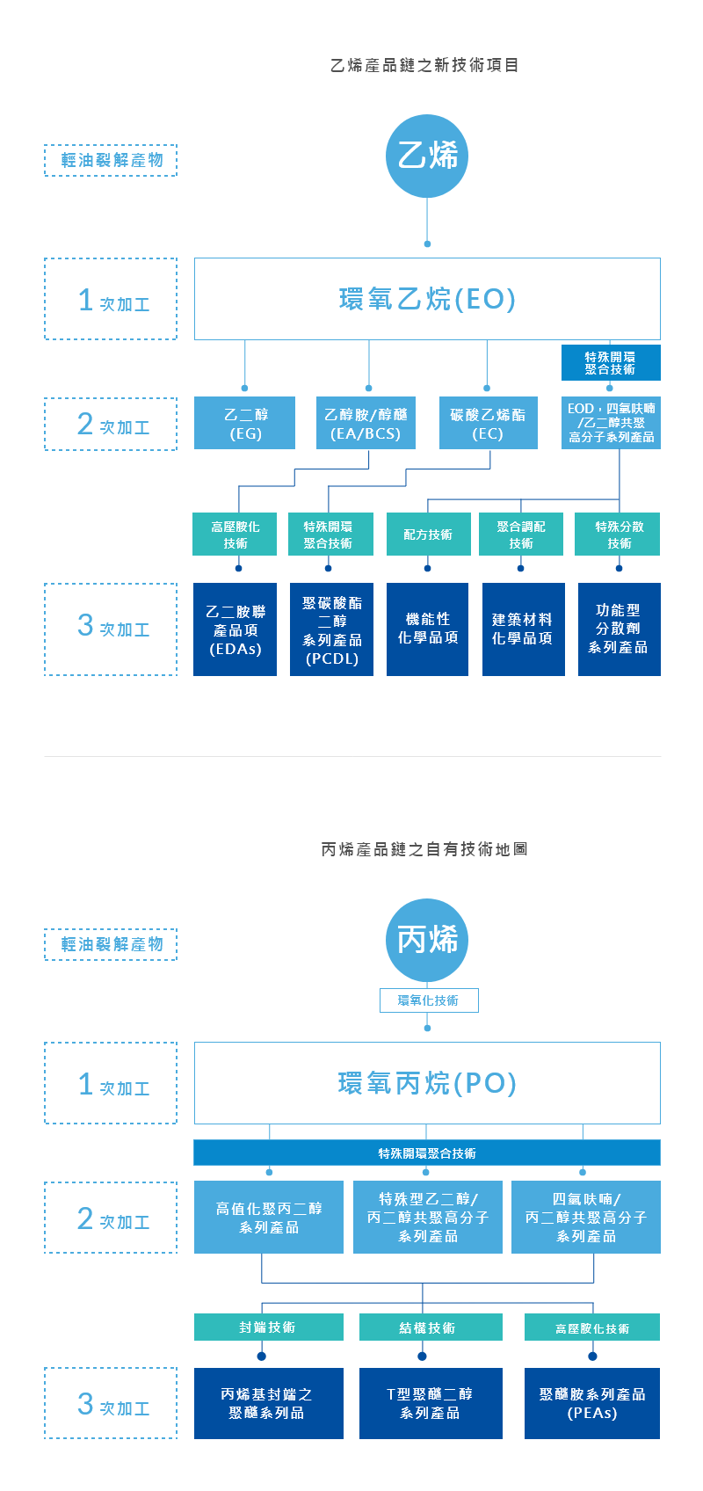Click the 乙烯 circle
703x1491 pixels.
pos(427,156)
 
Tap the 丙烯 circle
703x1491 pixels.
pos(427,940)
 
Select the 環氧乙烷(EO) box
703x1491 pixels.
pos(427,299)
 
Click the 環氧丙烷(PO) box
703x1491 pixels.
pos(427,1083)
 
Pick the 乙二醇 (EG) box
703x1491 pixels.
pos(244,423)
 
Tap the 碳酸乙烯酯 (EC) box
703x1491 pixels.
pos(488,423)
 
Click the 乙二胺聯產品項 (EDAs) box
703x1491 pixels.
pos(236,629)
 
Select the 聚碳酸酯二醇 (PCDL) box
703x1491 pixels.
pos(331,629)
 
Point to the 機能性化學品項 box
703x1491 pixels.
pos(427,629)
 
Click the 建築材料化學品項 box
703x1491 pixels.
pos(523,629)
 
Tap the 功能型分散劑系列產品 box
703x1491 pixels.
pos(619,629)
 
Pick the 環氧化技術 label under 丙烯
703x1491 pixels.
pos(428,1000)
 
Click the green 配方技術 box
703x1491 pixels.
pos(428,535)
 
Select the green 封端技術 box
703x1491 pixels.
pos(268,1327)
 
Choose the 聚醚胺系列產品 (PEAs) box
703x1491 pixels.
pos(592,1403)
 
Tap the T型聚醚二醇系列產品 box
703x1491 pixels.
pos(431,1403)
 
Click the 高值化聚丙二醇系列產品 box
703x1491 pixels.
pos(269,1217)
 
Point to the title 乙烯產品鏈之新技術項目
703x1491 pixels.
pos(427,66)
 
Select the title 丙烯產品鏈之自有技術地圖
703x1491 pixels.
pos(427,850)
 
